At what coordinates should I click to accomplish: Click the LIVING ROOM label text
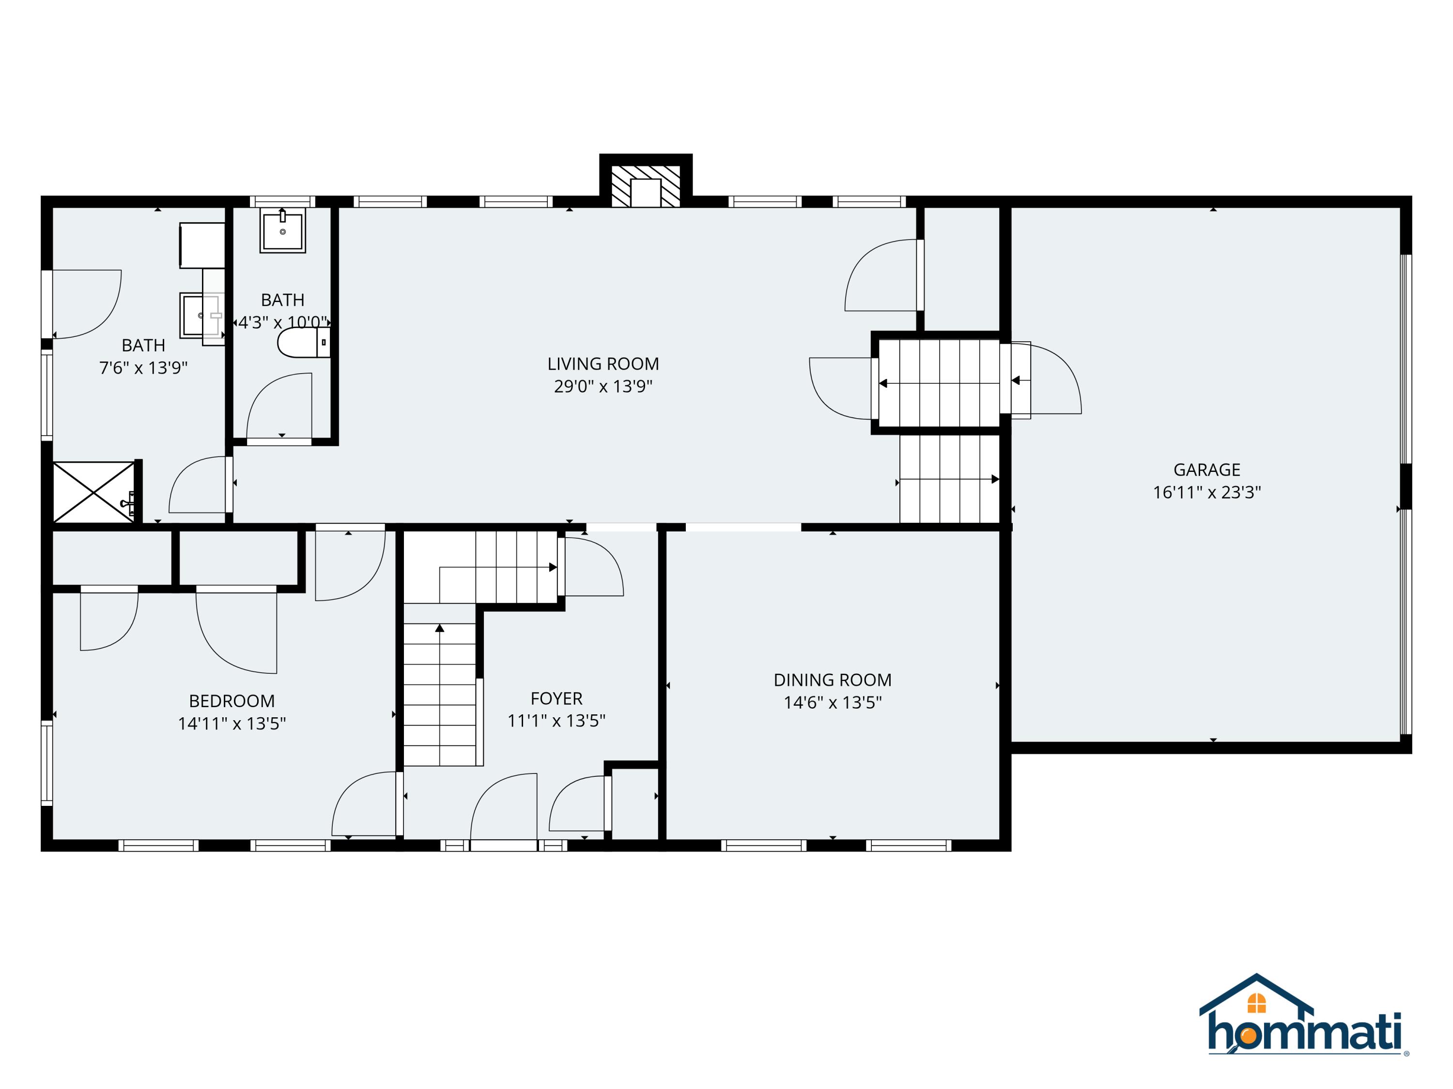[x=603, y=363]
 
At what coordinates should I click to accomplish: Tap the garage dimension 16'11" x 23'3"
[x=1206, y=492]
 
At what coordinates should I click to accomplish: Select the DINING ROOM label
[x=832, y=680]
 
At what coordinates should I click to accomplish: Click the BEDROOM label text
[x=232, y=701]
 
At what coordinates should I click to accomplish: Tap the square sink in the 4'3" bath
[x=282, y=230]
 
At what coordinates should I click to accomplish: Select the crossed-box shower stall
[x=93, y=492]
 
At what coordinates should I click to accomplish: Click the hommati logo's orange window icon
[x=1256, y=1003]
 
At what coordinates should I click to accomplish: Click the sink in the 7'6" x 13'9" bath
[x=199, y=315]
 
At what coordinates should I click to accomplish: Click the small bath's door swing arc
[x=276, y=404]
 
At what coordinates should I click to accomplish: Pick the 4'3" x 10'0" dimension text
[x=282, y=322]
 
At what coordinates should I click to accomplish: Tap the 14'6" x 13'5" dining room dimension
[x=832, y=702]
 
